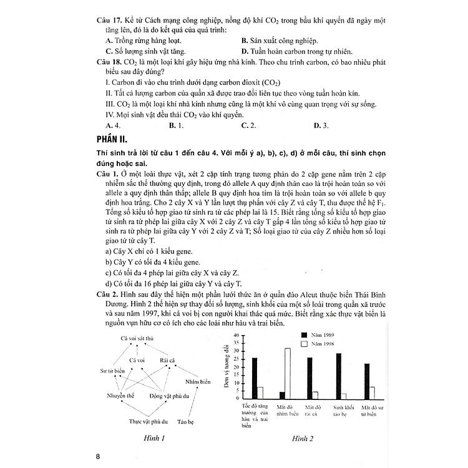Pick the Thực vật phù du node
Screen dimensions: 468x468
pyautogui.click(x=142, y=421)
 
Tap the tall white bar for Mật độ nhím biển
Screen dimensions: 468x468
pyautogui.click(x=287, y=373)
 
